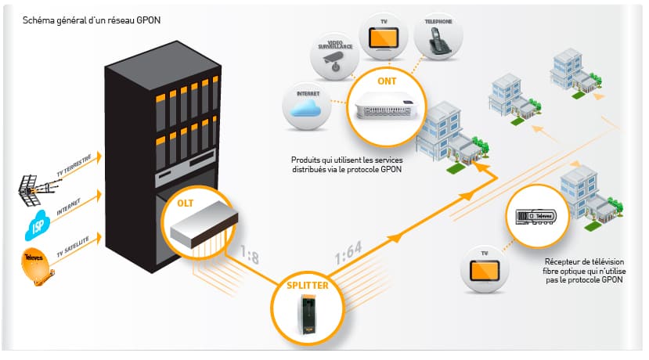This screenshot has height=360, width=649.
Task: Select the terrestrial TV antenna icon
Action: pyautogui.click(x=36, y=189)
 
